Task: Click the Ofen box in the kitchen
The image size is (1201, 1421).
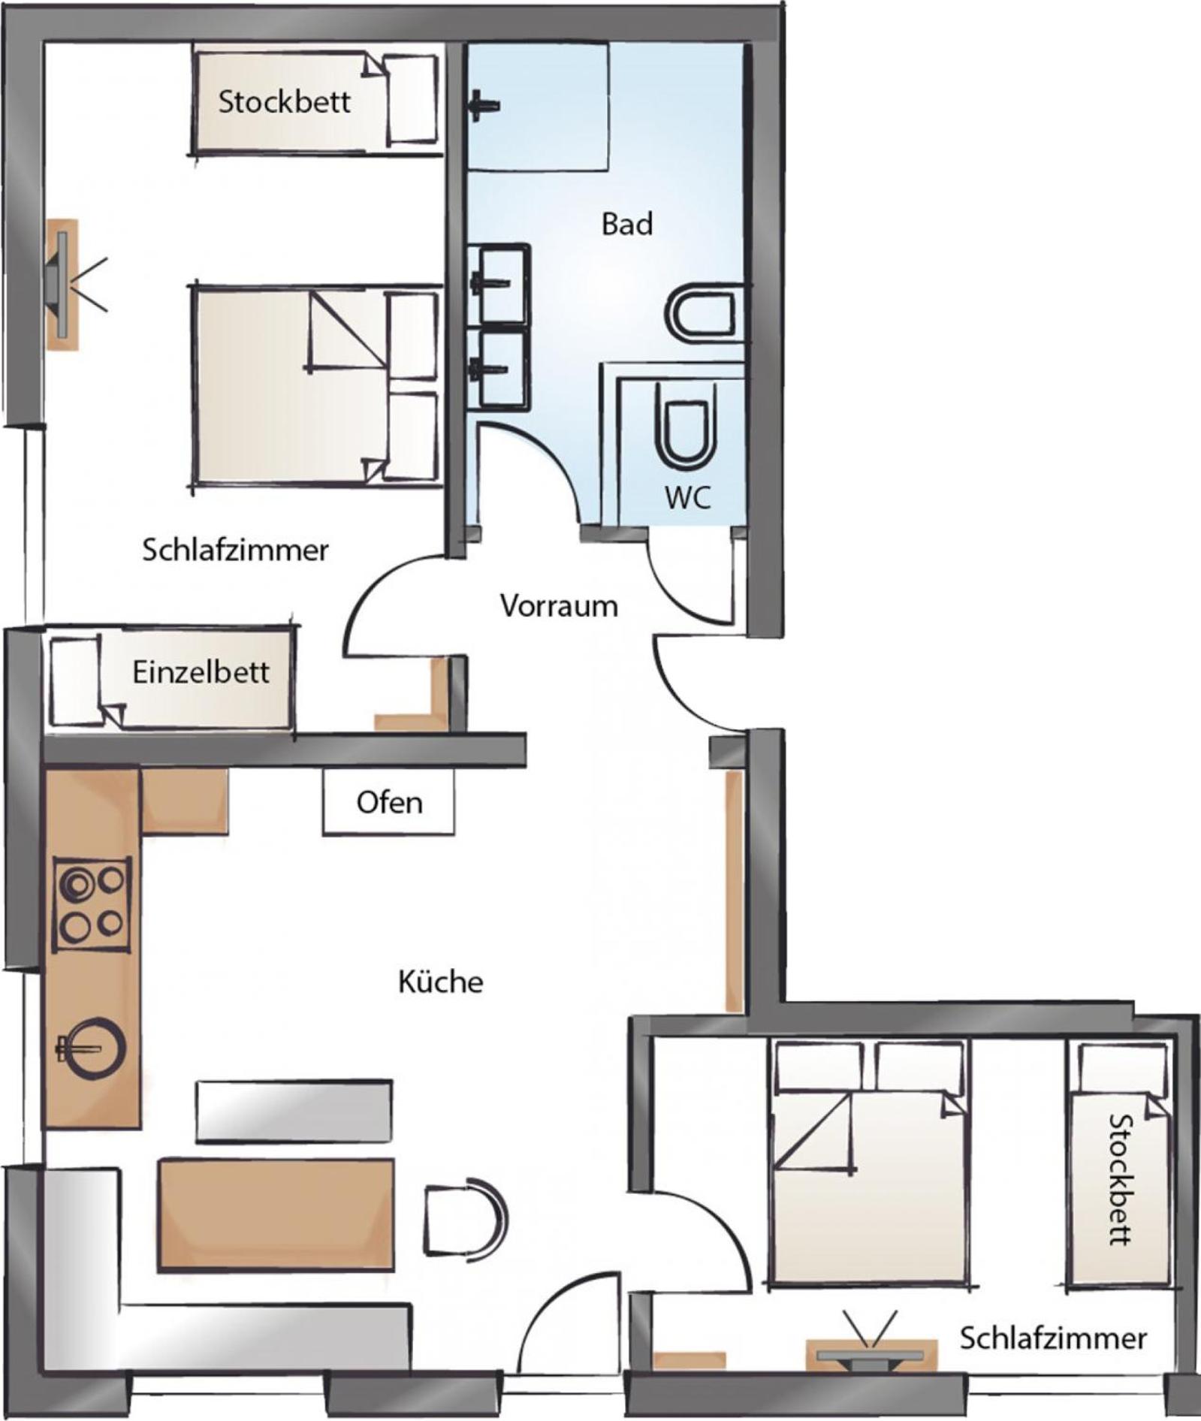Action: pyautogui.click(x=388, y=801)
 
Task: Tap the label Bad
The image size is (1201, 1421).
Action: pyautogui.click(x=627, y=224)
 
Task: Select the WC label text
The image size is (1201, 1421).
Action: pyautogui.click(x=687, y=497)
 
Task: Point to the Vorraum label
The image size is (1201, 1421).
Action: pyautogui.click(x=559, y=605)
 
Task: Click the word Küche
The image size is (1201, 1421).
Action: pyautogui.click(x=440, y=982)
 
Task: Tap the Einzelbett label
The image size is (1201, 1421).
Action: pyautogui.click(x=201, y=671)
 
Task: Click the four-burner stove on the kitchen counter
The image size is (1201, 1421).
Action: pyautogui.click(x=92, y=904)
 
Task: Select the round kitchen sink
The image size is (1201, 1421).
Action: pyautogui.click(x=90, y=1047)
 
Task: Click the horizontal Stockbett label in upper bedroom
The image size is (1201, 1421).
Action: pyautogui.click(x=284, y=101)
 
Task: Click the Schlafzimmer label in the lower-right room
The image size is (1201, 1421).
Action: pyautogui.click(x=1053, y=1337)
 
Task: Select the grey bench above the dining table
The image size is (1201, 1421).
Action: pyautogui.click(x=294, y=1111)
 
